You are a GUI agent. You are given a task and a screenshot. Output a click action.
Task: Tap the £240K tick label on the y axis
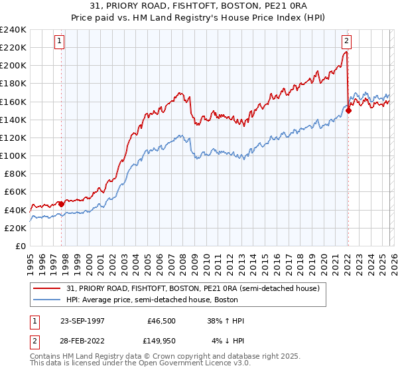pyautogui.click(x=13, y=30)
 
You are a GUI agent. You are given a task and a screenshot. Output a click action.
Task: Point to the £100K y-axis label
pyautogui.click(x=13, y=155)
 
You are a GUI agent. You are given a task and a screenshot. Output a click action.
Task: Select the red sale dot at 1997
pyautogui.click(x=61, y=204)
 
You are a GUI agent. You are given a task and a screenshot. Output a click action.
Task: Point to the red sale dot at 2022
pyautogui.click(x=348, y=111)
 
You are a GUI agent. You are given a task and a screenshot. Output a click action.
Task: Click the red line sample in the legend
pyautogui.click(x=48, y=288)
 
